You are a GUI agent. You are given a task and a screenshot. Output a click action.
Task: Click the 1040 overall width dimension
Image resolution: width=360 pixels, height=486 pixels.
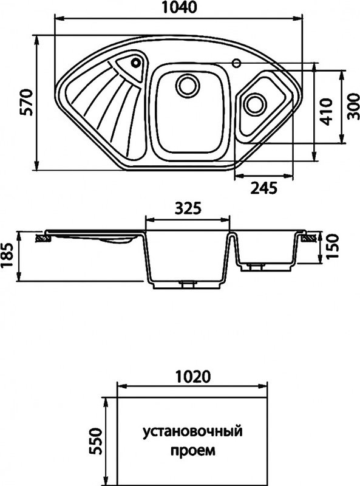pos(178,9)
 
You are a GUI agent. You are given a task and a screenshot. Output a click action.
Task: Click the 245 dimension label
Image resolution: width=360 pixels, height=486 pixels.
pos(263,188)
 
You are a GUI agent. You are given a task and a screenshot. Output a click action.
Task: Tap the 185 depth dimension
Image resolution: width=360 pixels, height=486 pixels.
pos(8,257)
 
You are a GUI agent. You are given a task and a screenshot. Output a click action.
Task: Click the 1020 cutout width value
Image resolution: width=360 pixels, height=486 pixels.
pos(192,376)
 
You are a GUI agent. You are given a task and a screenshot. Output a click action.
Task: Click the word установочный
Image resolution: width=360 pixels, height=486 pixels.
pos(192,433)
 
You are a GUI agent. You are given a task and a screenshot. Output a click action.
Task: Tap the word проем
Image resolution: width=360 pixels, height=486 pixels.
pos(192,451)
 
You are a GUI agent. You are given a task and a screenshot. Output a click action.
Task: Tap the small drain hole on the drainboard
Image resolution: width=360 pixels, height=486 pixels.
pos(135,61)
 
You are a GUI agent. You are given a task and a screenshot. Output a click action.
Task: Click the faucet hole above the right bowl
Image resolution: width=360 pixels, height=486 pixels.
pos(237,62)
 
